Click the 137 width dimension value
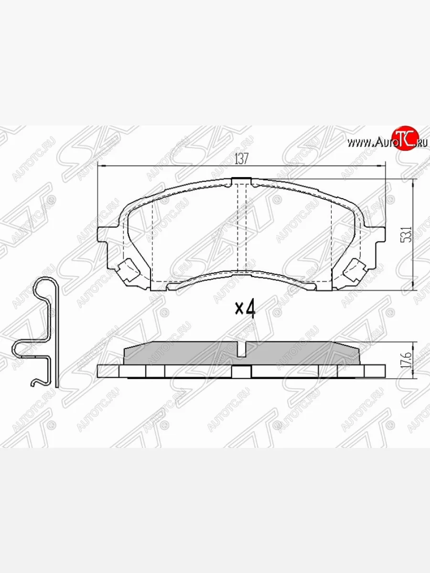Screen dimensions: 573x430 click(242, 159)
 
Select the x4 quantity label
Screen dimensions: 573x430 click(245, 309)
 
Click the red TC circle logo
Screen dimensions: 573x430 click(404, 139)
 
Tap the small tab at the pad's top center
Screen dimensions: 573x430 click(241, 180)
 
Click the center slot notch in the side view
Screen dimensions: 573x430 click(242, 351)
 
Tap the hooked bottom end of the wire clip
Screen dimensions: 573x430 click(35, 382)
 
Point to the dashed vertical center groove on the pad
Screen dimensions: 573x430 click(242, 229)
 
